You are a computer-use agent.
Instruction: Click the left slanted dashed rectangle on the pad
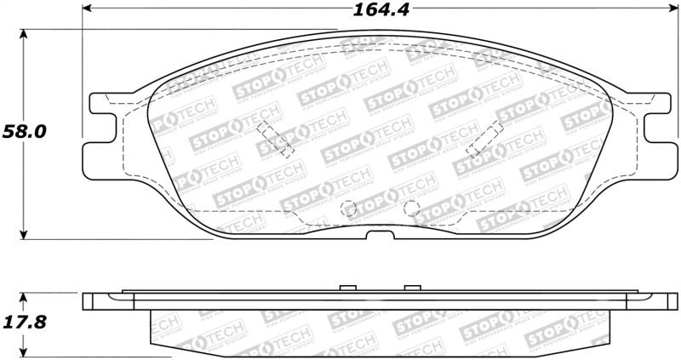276,139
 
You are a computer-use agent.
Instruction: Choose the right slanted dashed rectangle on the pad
484,139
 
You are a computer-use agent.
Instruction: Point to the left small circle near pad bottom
346,208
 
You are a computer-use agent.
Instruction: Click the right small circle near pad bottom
411,207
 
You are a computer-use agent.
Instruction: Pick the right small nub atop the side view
412,288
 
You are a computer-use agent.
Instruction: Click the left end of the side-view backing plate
88,301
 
